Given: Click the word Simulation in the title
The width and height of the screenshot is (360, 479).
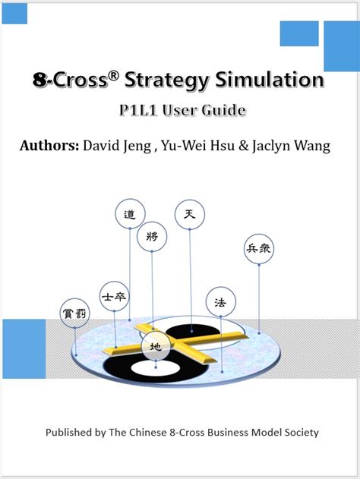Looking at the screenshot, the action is coord(270,80).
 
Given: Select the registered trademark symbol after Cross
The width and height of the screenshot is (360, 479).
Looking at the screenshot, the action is coord(113,76).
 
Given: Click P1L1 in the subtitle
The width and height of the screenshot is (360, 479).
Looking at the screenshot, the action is coord(138,110).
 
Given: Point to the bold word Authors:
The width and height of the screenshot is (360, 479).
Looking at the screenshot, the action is coord(49,146).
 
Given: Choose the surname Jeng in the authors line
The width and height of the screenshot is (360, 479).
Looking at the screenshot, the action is coord(137,146).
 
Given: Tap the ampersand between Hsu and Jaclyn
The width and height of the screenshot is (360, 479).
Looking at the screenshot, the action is coord(244,146).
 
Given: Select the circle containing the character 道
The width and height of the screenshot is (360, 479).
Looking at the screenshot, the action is coord(130,214).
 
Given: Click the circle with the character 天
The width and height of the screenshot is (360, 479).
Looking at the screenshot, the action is coord(190,214).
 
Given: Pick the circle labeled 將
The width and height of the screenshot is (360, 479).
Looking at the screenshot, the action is coord(152,236).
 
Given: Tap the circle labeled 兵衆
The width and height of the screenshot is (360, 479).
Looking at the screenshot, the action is coord(259,249).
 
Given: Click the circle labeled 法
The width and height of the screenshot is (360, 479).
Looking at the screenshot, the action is coord(221,302).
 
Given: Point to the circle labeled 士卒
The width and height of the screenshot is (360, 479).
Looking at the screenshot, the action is coord(114,296).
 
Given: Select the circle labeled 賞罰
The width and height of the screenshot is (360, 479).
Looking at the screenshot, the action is coord(75,313).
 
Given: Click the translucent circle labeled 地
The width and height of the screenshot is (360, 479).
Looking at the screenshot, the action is coord(156,346).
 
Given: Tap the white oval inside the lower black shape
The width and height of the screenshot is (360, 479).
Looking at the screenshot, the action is coord(156,368).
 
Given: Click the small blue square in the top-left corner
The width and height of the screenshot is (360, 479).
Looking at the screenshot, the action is coord(14,14).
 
